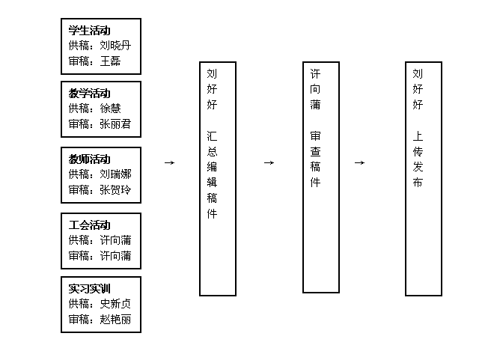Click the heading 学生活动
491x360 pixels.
click(90, 31)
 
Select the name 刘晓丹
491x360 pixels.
click(115, 46)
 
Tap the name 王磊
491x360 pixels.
click(110, 61)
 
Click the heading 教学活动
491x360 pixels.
click(90, 94)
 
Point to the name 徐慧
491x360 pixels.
click(110, 109)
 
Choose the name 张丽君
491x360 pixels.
click(115, 124)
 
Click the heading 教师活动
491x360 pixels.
click(90, 159)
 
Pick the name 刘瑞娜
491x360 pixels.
click(115, 174)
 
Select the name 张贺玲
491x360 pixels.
click(115, 189)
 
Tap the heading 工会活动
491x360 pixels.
click(90, 225)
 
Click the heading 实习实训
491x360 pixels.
click(90, 289)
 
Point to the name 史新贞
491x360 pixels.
click(115, 304)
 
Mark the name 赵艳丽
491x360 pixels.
click(115, 320)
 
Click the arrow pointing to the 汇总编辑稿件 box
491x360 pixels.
click(169, 162)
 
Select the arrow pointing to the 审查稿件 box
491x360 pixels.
click(269, 162)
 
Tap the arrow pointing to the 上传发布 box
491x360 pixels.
click(359, 162)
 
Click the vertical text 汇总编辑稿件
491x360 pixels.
click(212, 174)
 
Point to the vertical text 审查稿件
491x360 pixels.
click(315, 159)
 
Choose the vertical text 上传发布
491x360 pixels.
click(418, 159)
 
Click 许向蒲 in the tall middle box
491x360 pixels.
click(315, 89)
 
